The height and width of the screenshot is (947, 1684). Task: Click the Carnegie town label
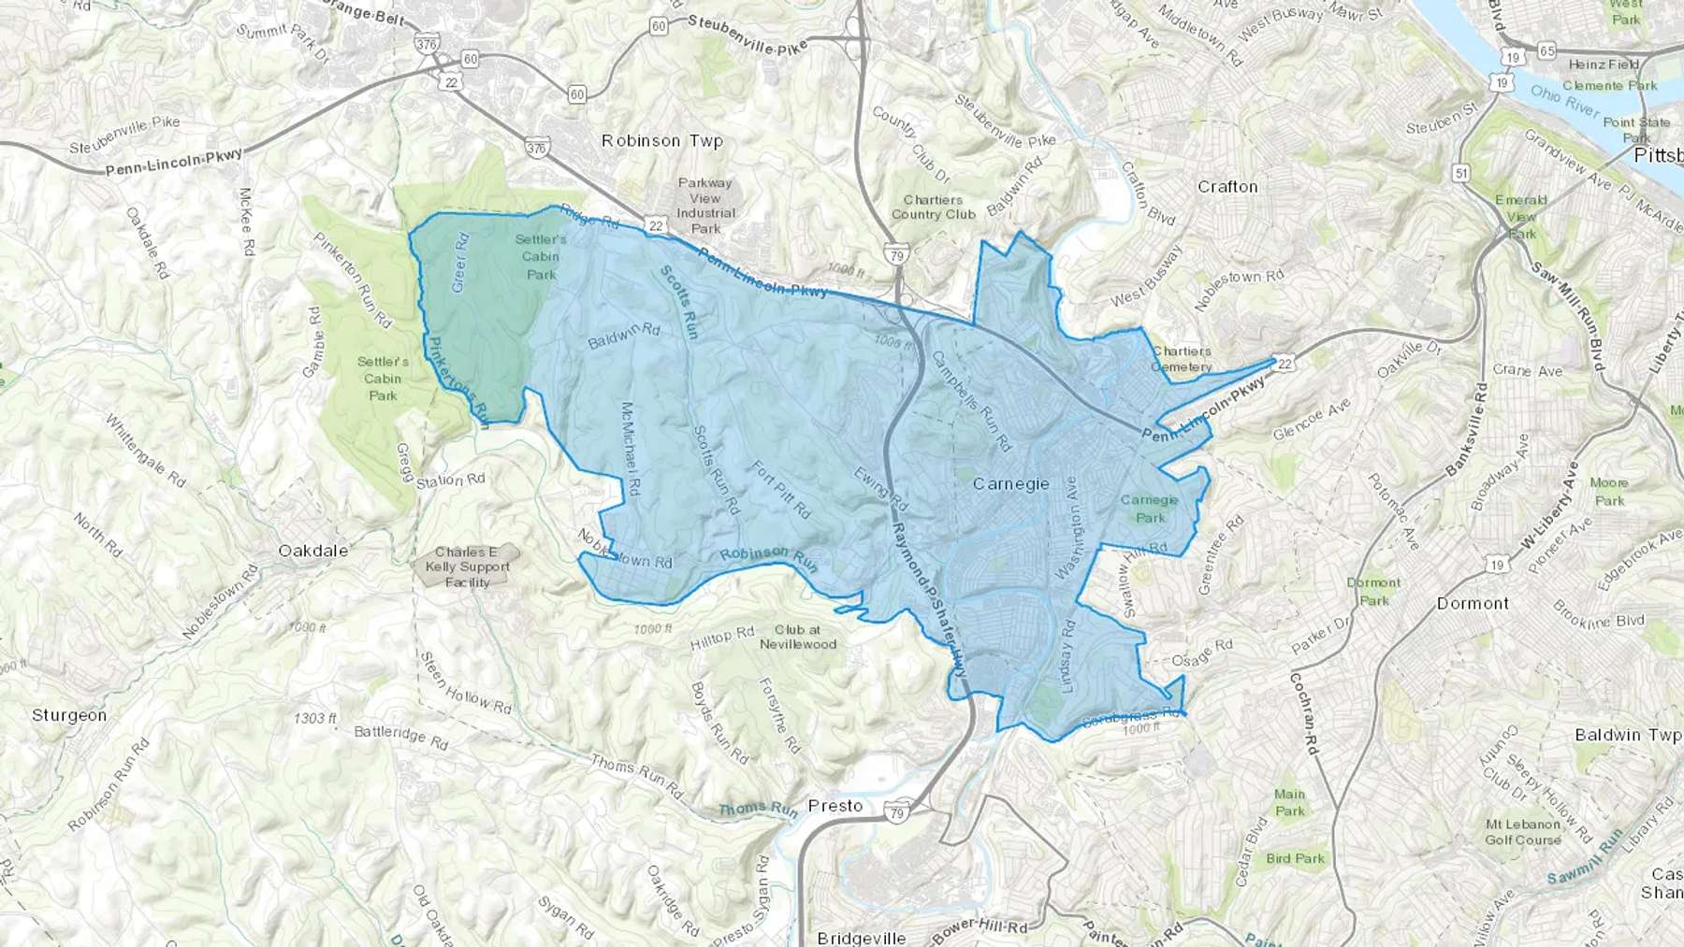point(1010,484)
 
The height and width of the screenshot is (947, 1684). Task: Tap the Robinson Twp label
point(662,141)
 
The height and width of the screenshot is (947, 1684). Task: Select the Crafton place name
point(1227,187)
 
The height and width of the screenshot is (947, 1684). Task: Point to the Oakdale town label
point(313,551)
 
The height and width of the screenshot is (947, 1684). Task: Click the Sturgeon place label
point(69,715)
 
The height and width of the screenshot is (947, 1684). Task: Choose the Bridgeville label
point(861,938)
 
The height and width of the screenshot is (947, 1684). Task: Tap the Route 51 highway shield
point(1461,173)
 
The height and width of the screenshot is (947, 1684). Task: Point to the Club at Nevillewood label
point(797,637)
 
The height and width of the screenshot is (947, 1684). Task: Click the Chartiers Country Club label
point(933,207)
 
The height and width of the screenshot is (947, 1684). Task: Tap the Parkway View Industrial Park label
point(705,206)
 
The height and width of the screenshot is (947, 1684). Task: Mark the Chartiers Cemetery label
point(1182,359)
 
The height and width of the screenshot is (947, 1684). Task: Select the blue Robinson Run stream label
point(768,558)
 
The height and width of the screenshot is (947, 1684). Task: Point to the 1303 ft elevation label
point(314,718)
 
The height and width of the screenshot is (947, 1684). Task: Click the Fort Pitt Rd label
point(781,487)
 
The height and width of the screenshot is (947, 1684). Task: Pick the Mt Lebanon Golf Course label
point(1522,832)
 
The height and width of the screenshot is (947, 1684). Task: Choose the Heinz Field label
point(1604,65)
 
